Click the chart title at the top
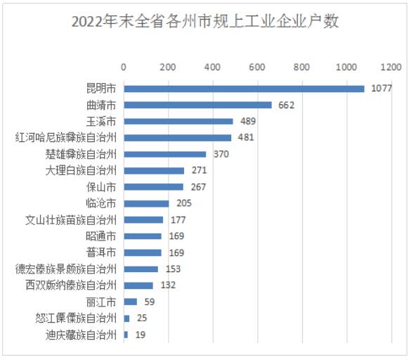pos(205,22)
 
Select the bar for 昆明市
pos(244,89)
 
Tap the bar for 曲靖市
pos(197,105)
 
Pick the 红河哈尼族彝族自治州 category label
pos(66,137)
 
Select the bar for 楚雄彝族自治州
pos(165,154)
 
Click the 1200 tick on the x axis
pos(391,67)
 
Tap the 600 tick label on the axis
pos(257,67)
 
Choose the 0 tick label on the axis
pos(124,67)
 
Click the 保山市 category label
pos(101,187)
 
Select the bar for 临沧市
pos(147,203)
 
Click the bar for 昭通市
pos(143,236)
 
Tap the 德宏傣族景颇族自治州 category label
pos(66,269)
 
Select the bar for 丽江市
pos(131,302)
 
